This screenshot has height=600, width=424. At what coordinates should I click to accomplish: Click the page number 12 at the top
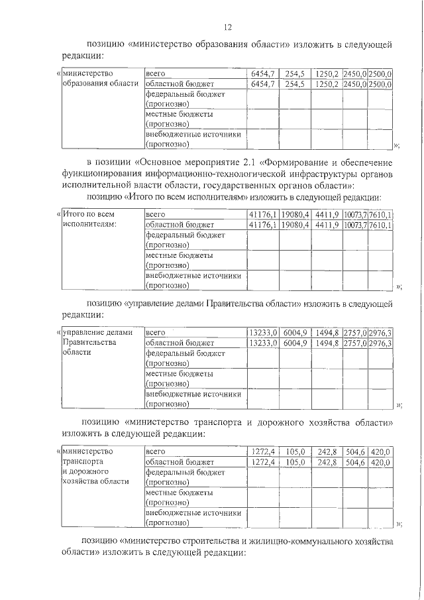[227, 27]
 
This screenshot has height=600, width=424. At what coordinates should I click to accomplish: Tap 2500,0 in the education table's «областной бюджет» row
[381, 84]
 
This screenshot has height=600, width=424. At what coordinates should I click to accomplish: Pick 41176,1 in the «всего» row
[262, 214]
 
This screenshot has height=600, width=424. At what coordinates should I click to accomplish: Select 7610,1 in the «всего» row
[381, 214]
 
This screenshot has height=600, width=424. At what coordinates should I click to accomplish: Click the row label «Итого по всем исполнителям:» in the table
[89, 219]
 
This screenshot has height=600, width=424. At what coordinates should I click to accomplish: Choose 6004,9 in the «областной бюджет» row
[295, 343]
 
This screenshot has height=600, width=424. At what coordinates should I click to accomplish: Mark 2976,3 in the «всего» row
[381, 332]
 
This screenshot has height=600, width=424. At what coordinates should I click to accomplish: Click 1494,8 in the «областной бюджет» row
[327, 343]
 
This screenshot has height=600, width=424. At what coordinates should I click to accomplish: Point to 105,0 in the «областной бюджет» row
[295, 462]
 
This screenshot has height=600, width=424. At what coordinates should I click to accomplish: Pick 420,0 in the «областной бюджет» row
[381, 462]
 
